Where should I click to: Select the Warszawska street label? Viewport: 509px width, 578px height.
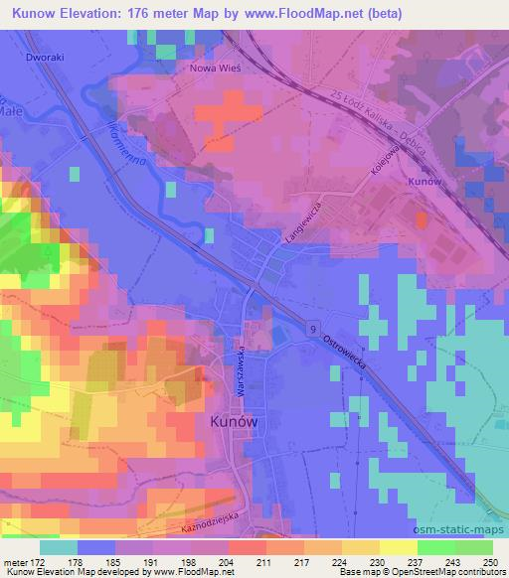242,372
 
